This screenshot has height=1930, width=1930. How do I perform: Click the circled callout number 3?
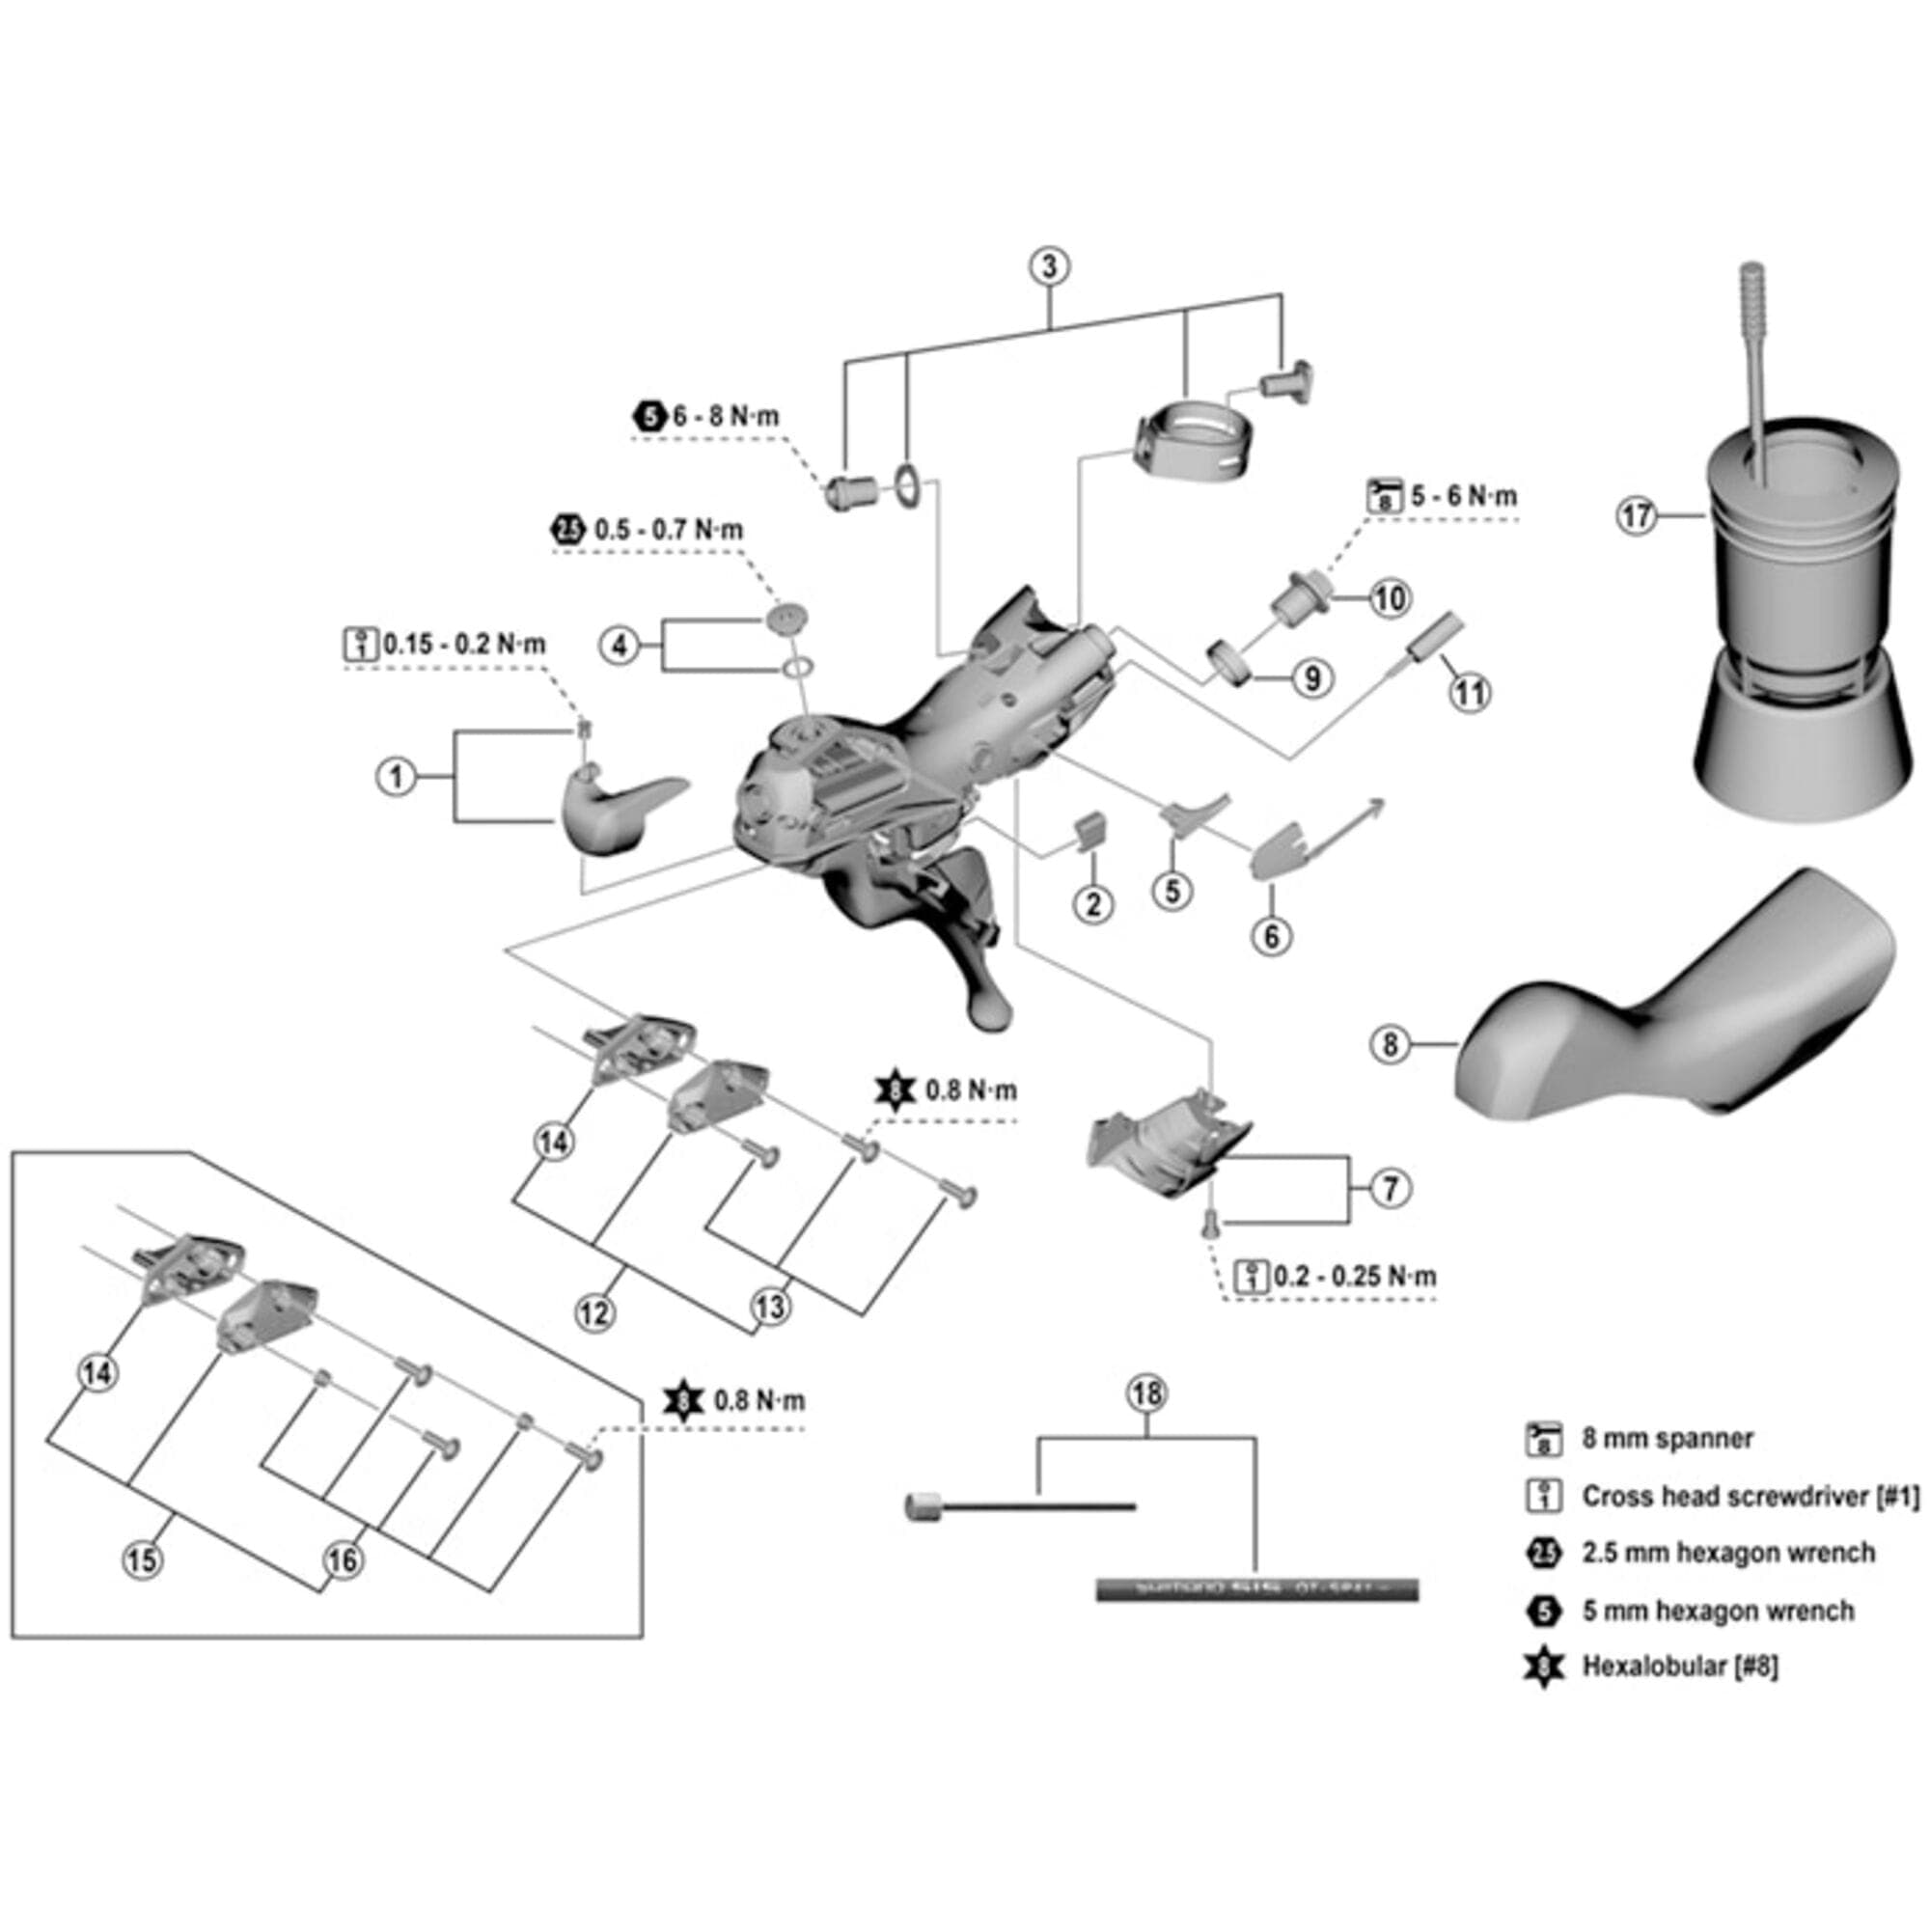coord(1049,266)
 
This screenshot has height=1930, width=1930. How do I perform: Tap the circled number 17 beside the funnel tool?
coord(1637,516)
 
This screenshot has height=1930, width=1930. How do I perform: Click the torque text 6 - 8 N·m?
coord(726,417)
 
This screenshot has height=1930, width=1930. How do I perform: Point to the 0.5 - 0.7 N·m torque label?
coord(669,530)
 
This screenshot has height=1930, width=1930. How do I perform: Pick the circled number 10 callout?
coord(1390,598)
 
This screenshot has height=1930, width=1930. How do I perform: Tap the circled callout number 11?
coord(1470,692)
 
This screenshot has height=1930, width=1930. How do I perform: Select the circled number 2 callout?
coord(1094,904)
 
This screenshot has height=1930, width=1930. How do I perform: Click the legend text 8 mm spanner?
coord(1668,1439)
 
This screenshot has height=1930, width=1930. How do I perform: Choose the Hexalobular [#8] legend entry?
coord(1680,1666)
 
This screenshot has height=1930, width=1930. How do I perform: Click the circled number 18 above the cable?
coord(1145,1393)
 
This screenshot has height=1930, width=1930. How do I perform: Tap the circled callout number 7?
coord(1390,1189)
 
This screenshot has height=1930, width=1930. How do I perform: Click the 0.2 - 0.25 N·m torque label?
coord(1355,1276)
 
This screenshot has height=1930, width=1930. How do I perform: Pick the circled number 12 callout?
coord(594,1311)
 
